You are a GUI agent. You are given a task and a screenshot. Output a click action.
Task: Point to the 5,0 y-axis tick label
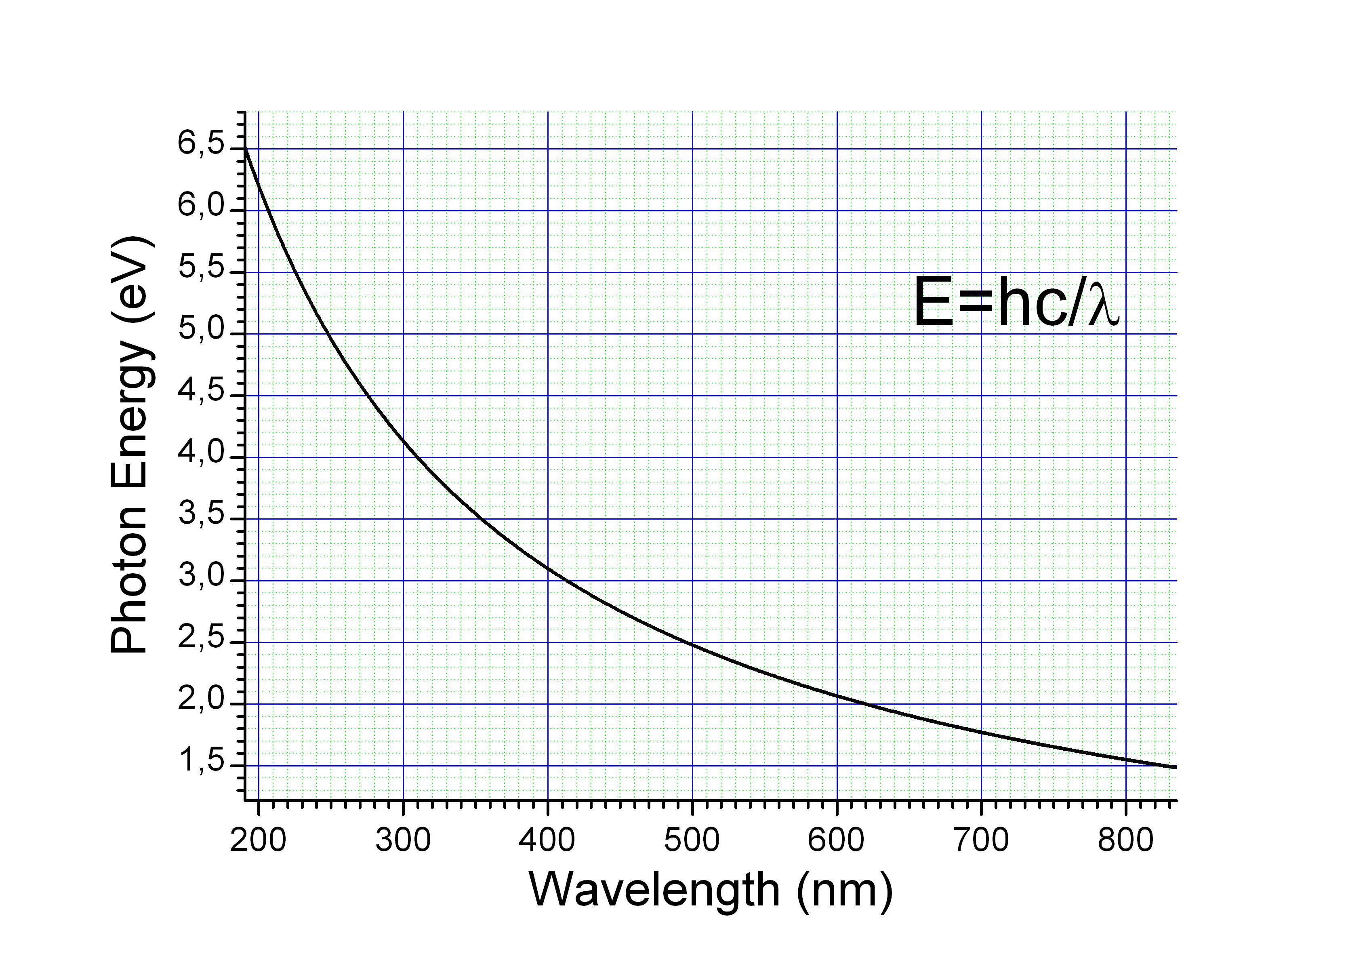pyautogui.click(x=201, y=329)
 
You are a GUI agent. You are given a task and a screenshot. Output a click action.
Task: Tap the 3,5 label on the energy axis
pyautogui.click(x=201, y=514)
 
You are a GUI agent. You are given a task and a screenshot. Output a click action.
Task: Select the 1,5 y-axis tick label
pyautogui.click(x=201, y=761)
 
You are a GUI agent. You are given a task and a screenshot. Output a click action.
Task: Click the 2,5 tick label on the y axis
pyautogui.click(x=201, y=638)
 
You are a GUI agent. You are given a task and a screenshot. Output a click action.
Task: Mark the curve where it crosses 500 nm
pyautogui.click(x=692, y=644)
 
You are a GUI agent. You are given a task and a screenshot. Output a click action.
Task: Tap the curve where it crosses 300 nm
pyautogui.click(x=403, y=440)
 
